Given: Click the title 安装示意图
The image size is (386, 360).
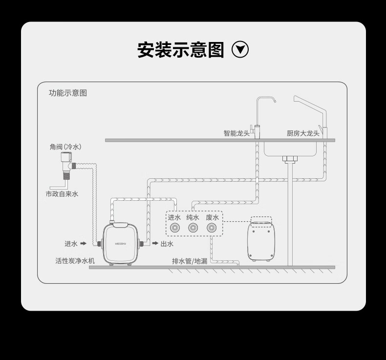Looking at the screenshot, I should click(180, 50).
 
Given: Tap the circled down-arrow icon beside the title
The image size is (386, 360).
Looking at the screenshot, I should click(240, 49).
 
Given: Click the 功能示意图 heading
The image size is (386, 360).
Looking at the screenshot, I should click(68, 93).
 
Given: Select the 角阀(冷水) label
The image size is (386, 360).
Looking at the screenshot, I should click(65, 147).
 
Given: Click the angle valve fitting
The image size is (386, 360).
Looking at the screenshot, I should click(66, 164).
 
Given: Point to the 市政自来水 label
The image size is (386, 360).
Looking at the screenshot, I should click(62, 194).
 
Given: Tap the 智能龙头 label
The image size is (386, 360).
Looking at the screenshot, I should click(236, 133).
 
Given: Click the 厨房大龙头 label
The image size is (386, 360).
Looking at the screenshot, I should click(303, 133).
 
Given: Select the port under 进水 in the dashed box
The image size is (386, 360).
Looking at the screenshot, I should click(174, 228).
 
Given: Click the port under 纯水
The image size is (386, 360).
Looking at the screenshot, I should click(193, 228).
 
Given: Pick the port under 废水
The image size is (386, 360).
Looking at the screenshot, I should click(212, 228).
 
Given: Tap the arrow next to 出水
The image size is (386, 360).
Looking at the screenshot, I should click(155, 243).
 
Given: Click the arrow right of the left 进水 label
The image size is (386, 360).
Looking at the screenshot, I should click(83, 243).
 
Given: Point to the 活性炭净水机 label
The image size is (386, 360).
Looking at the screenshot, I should click(75, 261).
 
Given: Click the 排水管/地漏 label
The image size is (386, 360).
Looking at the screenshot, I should click(190, 261).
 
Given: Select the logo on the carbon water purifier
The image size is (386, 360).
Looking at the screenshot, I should click(121, 243).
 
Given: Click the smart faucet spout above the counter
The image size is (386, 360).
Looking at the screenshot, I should click(266, 100).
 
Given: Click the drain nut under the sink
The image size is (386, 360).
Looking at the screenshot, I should click(290, 159).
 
